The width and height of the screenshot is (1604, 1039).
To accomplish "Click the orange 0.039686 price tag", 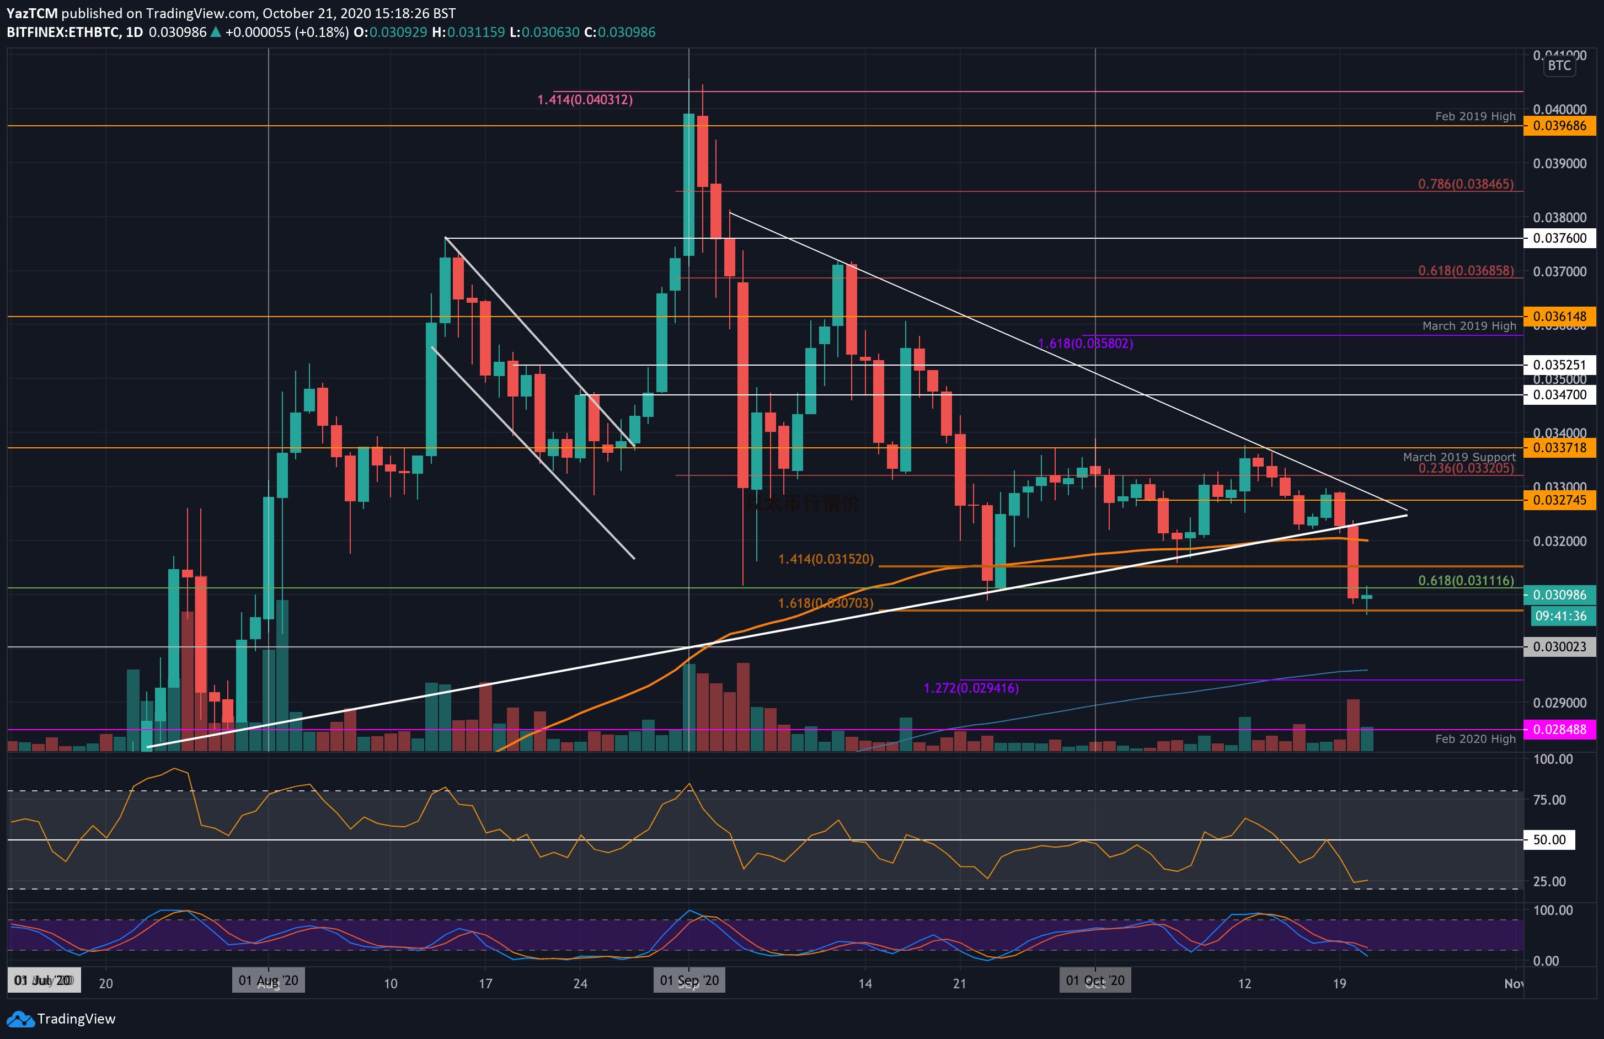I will (1559, 126).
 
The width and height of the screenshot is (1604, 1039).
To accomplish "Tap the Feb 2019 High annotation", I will (1474, 116).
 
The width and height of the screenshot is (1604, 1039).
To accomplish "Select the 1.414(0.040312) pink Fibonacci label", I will (584, 100).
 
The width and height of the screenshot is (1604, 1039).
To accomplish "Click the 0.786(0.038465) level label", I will (1465, 184).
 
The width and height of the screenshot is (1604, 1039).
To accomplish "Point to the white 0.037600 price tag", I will (1559, 238).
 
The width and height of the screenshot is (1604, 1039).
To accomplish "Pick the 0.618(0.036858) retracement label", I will (1465, 271).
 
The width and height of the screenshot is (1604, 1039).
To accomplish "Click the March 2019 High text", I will (1468, 326).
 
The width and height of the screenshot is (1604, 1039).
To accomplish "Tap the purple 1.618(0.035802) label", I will (1085, 344).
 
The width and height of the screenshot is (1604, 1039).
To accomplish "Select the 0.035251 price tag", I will (1559, 365).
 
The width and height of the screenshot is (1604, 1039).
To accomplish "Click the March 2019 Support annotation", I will (1458, 457).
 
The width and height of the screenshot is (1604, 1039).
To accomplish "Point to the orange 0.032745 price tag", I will (1559, 500).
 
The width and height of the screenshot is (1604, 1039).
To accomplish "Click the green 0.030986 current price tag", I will (1559, 595).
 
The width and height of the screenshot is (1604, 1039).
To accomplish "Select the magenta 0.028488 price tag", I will (1559, 729).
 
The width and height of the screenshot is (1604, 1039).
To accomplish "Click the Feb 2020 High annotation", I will (1474, 739).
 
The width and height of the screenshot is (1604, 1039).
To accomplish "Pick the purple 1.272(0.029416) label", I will (970, 688).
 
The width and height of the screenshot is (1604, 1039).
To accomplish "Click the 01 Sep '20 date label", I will (689, 981).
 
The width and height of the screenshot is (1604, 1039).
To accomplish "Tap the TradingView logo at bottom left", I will (62, 1019).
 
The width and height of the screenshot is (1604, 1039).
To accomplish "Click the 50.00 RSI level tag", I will (1549, 839).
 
